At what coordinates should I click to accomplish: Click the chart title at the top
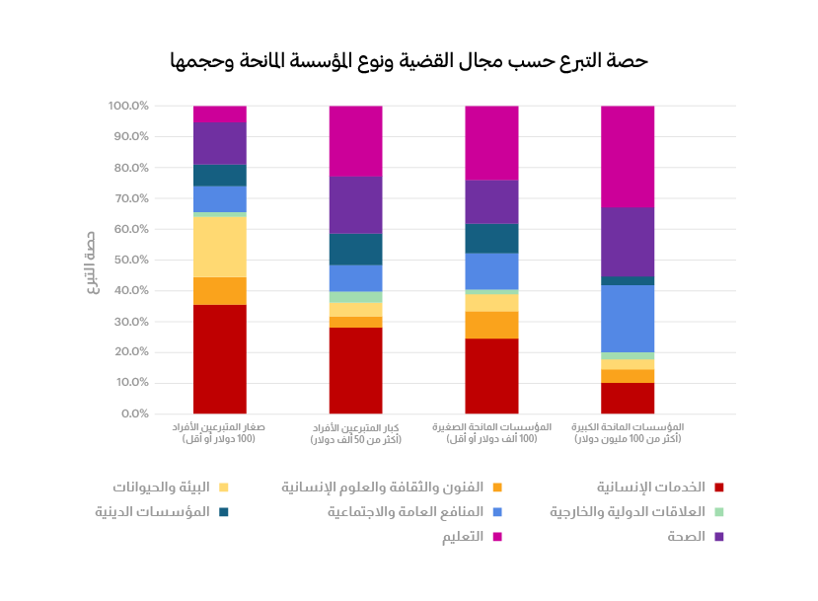point(409,61)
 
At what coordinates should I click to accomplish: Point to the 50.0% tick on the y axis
point(128,261)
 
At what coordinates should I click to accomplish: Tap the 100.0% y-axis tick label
point(128,106)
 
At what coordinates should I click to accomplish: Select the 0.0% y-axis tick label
point(132,413)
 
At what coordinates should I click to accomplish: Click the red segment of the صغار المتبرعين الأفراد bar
point(220,359)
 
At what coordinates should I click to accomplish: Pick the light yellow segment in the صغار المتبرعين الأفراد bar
point(220,246)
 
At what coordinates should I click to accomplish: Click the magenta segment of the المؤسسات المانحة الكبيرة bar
point(628,156)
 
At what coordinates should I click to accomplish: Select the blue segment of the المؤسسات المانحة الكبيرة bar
point(628,318)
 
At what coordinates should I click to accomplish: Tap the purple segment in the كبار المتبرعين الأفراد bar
point(355,204)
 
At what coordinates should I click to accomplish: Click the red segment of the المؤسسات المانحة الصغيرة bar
point(491,376)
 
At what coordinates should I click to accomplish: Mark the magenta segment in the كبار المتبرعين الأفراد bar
point(355,140)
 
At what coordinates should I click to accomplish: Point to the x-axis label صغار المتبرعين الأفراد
point(219,432)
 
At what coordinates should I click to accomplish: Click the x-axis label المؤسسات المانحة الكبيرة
point(628,432)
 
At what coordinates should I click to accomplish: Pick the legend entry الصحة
point(686,537)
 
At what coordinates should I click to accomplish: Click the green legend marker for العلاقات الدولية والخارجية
point(719,512)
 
